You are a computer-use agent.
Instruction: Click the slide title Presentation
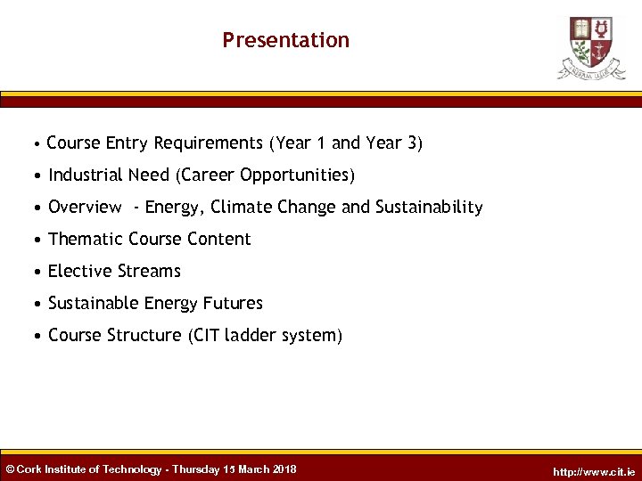pos(285,40)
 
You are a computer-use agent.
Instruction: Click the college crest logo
pos(591,47)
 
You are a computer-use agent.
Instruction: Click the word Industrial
pos(86,175)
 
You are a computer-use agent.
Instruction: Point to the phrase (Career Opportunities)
pos(267,175)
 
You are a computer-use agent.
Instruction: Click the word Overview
pos(85,207)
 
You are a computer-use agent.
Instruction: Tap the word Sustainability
pos(428,207)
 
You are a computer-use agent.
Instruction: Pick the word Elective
pos(78,271)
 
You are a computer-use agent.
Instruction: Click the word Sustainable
pos(90,303)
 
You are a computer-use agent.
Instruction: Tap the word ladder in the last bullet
pos(251,335)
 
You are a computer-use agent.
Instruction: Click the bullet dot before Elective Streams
pos(38,272)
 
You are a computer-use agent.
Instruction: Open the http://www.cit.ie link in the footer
pos(594,471)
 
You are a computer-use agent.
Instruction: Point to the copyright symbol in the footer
pos(10,469)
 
